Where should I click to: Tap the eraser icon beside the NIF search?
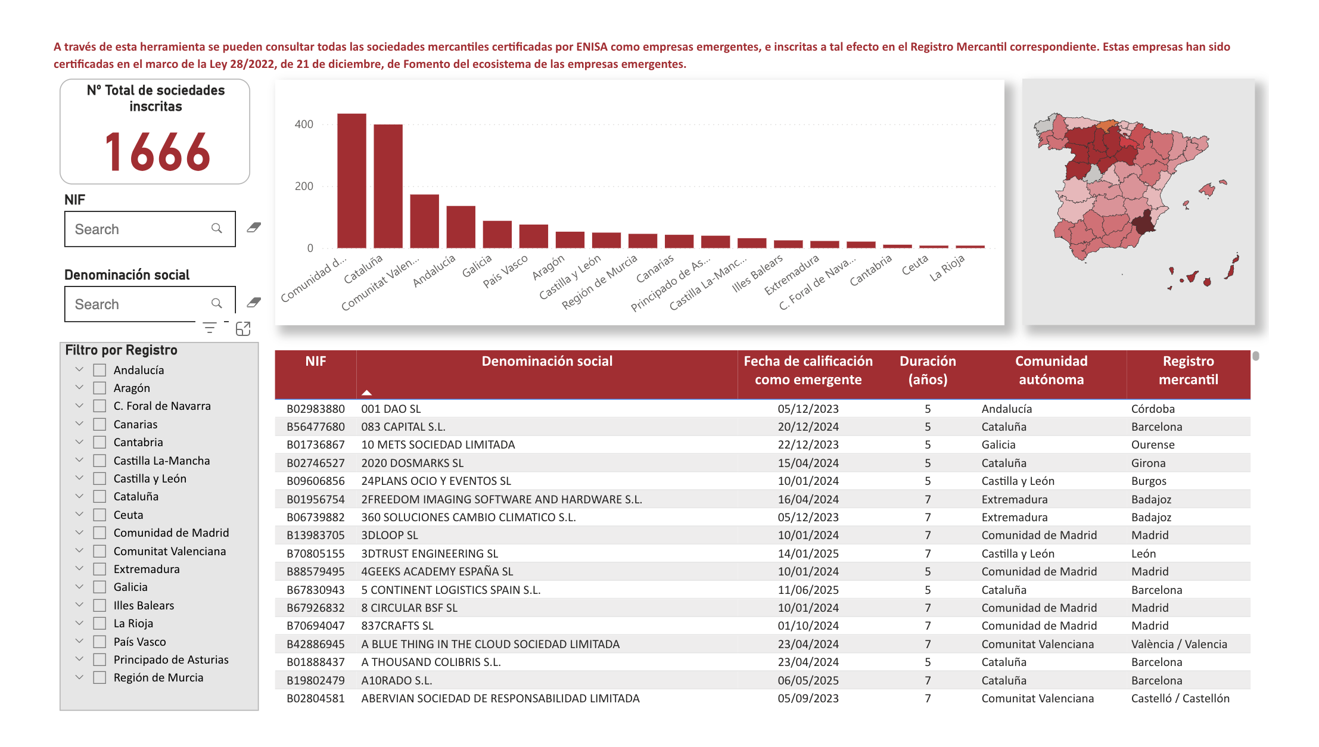254,228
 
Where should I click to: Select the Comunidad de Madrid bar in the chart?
351,181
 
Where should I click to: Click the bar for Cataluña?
388,186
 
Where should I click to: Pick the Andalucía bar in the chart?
461,227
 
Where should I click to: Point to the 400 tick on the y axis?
304,125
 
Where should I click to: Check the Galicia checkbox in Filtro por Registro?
100,587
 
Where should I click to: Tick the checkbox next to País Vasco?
100,642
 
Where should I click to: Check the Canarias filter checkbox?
100,425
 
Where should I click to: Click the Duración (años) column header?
927,371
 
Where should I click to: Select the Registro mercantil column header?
1188,371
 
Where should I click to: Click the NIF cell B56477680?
316,427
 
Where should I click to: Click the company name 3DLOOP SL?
390,536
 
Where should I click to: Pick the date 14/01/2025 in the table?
808,554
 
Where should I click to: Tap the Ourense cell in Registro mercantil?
1153,445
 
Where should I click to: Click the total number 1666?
157,152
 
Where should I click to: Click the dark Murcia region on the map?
1142,224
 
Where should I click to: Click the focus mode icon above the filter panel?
243,329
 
